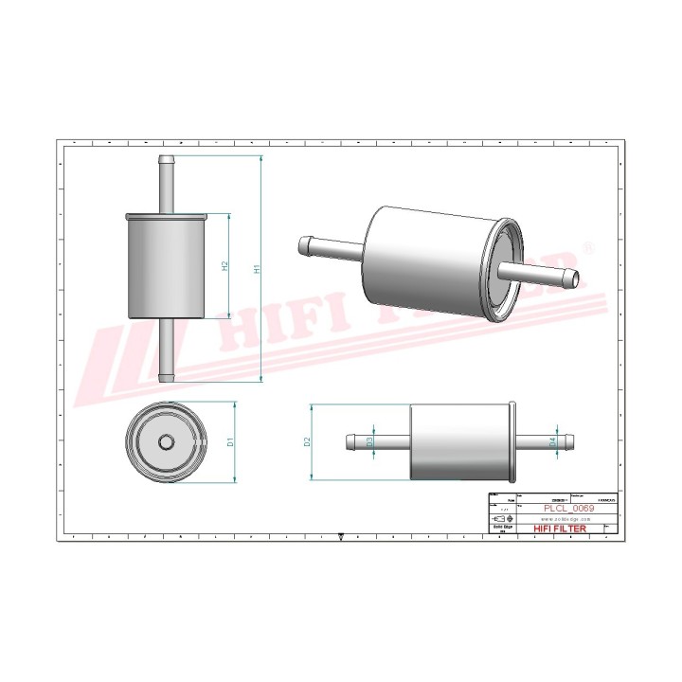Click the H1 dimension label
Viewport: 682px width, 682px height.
pos(257,269)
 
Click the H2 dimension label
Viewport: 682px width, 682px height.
pos(225,267)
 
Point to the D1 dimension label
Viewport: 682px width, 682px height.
pos(230,441)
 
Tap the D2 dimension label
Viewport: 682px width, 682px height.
pos(308,441)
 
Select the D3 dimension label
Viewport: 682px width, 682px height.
pos(370,441)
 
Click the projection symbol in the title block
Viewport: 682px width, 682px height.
pos(502,519)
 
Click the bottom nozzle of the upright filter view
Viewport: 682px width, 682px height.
pos(168,350)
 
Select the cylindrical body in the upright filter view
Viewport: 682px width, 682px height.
pos(168,267)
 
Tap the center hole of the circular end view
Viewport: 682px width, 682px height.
pos(167,441)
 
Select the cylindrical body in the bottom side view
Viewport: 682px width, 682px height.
pos(460,441)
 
